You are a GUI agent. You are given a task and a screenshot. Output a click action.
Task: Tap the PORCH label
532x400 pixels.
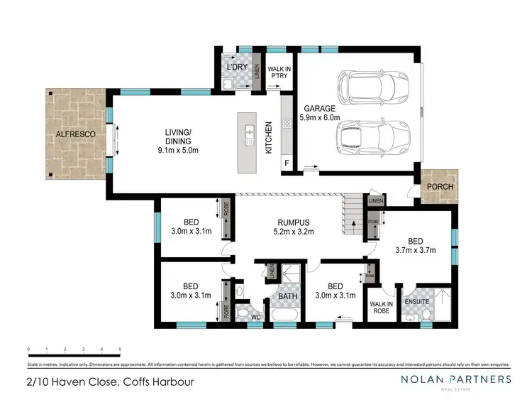[x=440, y=187]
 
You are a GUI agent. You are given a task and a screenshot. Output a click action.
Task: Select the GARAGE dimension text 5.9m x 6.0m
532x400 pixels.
[x=320, y=118]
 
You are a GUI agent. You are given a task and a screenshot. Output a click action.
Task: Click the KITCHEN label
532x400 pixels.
[x=269, y=139]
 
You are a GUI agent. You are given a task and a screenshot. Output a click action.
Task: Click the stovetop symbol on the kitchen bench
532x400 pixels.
[x=287, y=124]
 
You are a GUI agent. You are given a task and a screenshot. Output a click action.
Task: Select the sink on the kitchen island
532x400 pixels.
[x=250, y=134]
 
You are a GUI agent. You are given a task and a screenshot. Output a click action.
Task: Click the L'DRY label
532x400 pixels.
[x=235, y=67]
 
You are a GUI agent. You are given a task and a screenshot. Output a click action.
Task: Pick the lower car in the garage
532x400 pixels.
[x=372, y=136]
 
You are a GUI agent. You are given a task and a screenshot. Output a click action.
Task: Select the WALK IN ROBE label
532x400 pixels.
[x=382, y=307]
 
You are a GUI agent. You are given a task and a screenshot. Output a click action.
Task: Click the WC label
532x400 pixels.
[x=256, y=318]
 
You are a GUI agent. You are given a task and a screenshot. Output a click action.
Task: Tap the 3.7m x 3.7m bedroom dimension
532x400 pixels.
[x=424, y=249]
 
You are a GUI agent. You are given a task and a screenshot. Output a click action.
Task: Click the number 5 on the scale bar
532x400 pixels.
[x=120, y=350]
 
